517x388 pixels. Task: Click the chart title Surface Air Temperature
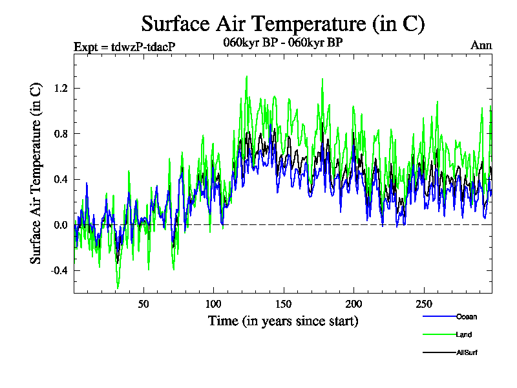point(282,24)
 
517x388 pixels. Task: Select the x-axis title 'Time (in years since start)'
point(283,321)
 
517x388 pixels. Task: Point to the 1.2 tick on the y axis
point(61,88)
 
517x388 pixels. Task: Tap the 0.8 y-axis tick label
point(61,134)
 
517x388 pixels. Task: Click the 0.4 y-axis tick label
point(61,179)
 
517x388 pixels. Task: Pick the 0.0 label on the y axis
point(61,225)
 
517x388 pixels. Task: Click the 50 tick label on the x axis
point(143,304)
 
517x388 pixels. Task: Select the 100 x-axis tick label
point(213,304)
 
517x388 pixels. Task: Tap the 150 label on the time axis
point(283,304)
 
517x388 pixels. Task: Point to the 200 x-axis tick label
point(353,304)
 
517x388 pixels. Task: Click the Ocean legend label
point(467,317)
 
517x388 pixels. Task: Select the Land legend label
point(464,335)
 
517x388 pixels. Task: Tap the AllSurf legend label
point(467,353)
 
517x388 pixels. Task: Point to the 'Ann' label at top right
point(481,45)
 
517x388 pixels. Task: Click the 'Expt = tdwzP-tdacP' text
point(125,47)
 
